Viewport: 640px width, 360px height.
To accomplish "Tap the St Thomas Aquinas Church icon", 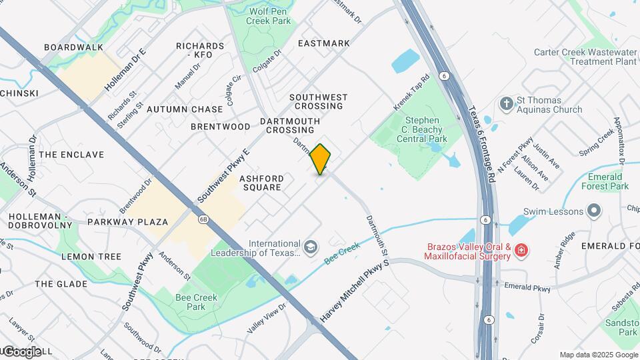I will point(506,103).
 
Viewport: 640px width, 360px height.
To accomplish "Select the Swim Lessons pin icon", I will point(593,211).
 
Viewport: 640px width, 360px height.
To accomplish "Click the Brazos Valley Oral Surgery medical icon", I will point(521,251).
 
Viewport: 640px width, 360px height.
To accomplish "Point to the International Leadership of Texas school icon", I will point(309,247).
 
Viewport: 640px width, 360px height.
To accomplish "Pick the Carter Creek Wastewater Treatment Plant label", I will point(585,57).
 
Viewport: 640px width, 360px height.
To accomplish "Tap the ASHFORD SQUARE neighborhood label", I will point(261,183).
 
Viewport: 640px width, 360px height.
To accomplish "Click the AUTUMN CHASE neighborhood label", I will point(185,109).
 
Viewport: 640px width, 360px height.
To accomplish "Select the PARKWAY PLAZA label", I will point(128,221).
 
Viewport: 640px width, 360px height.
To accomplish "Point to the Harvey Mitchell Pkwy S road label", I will point(355,292).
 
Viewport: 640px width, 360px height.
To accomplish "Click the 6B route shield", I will point(202,219).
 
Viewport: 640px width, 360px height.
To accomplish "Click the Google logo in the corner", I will point(22,351).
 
